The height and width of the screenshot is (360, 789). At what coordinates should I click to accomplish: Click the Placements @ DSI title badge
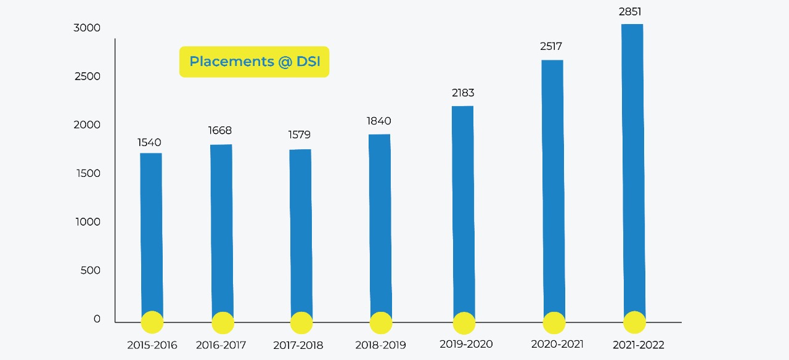254,62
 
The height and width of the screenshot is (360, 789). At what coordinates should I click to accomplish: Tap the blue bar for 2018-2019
380,222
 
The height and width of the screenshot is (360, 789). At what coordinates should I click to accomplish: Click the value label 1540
149,142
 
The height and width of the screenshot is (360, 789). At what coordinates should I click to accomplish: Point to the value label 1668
219,130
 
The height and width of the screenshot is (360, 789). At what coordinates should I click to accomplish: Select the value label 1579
300,134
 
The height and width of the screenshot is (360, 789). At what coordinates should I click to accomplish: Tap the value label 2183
462,93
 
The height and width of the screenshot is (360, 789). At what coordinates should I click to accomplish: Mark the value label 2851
630,11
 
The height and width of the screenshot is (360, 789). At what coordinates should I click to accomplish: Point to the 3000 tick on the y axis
87,28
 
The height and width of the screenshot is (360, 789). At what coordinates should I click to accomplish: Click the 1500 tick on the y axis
88,173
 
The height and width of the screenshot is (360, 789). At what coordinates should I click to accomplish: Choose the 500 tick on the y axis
90,270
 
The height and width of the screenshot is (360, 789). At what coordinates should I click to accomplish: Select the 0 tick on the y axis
97,319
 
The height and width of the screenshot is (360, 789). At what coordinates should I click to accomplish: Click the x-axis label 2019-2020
466,344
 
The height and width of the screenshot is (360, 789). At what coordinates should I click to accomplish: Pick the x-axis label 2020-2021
557,344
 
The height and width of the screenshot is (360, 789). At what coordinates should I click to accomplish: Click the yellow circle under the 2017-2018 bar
301,323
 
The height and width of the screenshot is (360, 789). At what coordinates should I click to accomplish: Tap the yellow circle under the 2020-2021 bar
554,323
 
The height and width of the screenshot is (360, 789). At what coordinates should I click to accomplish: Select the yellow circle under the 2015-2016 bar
152,322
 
